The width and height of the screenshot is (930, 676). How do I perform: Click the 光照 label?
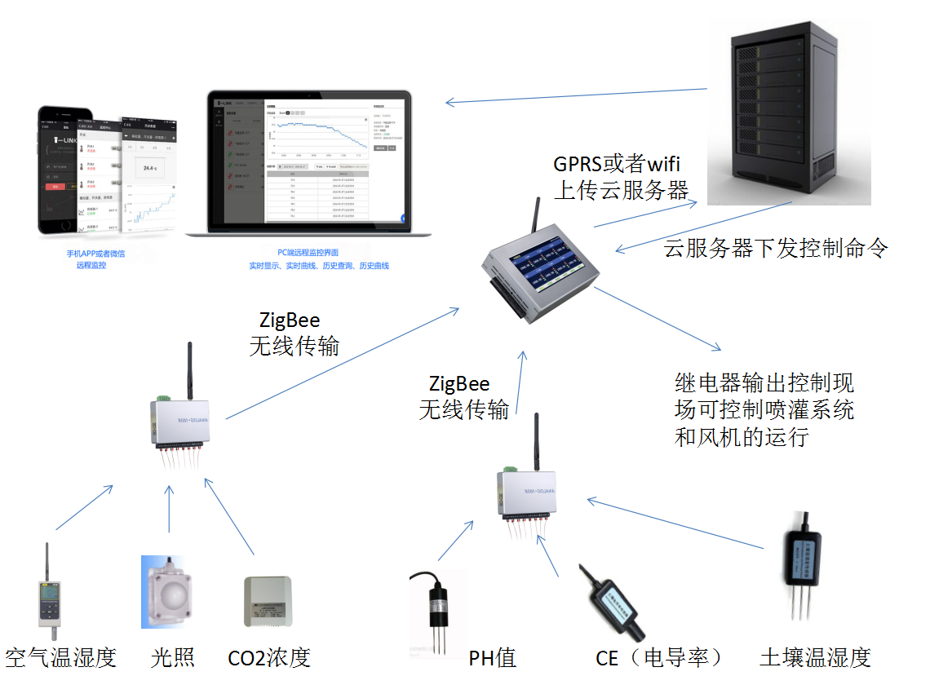[173, 657]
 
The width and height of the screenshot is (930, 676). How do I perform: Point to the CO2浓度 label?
[269, 657]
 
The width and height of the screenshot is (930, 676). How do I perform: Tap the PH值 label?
[493, 657]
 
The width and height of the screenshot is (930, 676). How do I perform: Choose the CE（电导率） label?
[659, 657]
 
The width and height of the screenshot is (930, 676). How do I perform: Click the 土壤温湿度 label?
[816, 657]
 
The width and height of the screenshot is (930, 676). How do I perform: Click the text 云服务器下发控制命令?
[775, 248]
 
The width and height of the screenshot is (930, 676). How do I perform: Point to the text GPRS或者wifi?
[617, 163]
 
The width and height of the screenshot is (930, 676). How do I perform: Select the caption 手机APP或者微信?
[95, 254]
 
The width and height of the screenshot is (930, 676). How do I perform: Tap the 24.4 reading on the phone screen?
[149, 168]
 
